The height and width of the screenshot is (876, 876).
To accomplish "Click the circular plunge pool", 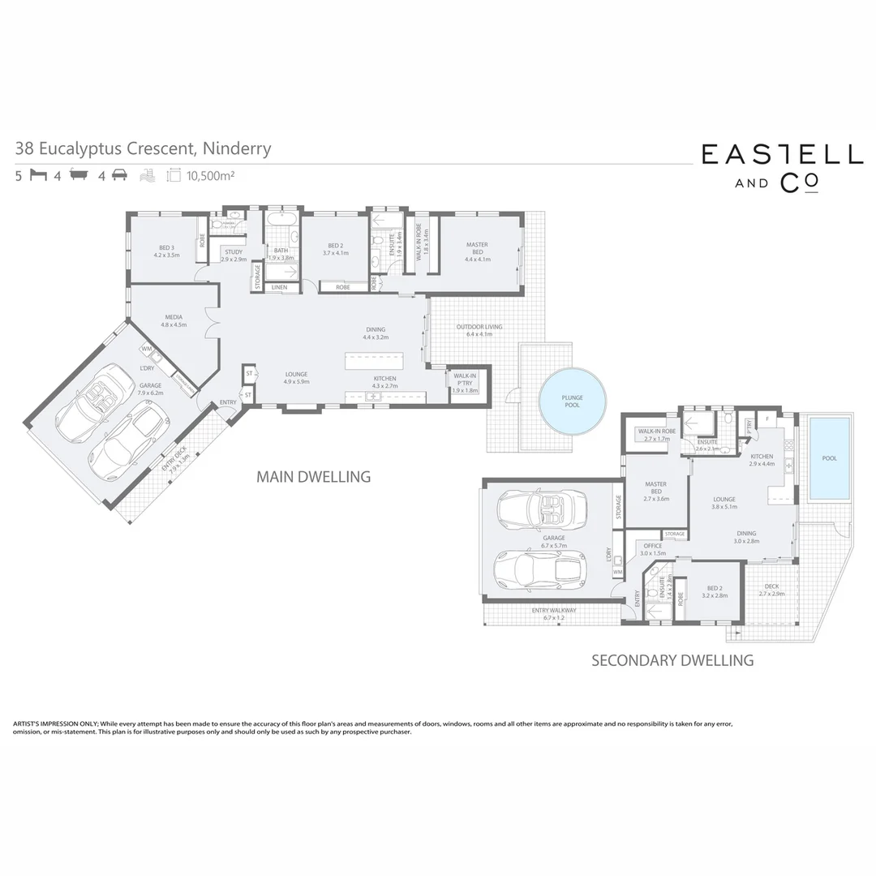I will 573,400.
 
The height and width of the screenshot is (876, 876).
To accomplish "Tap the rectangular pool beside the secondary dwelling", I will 829,457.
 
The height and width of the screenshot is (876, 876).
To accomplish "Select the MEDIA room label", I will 174,317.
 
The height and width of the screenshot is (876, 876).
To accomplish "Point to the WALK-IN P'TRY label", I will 465,376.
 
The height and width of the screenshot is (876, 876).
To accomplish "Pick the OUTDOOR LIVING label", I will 479,327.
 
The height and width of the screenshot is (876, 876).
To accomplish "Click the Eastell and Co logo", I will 781,165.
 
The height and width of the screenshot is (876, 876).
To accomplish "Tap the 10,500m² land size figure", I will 210,175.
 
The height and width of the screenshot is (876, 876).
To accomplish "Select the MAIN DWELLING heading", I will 313,476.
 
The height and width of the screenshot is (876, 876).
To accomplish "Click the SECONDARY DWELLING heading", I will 672,660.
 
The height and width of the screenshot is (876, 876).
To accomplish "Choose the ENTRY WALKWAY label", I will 554,610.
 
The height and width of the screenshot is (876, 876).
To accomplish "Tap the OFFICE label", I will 653,546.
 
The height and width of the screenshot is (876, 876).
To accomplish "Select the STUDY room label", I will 234,251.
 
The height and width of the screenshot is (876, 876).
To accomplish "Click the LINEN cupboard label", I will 279,287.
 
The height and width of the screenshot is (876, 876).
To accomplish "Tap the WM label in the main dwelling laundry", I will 147,349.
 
